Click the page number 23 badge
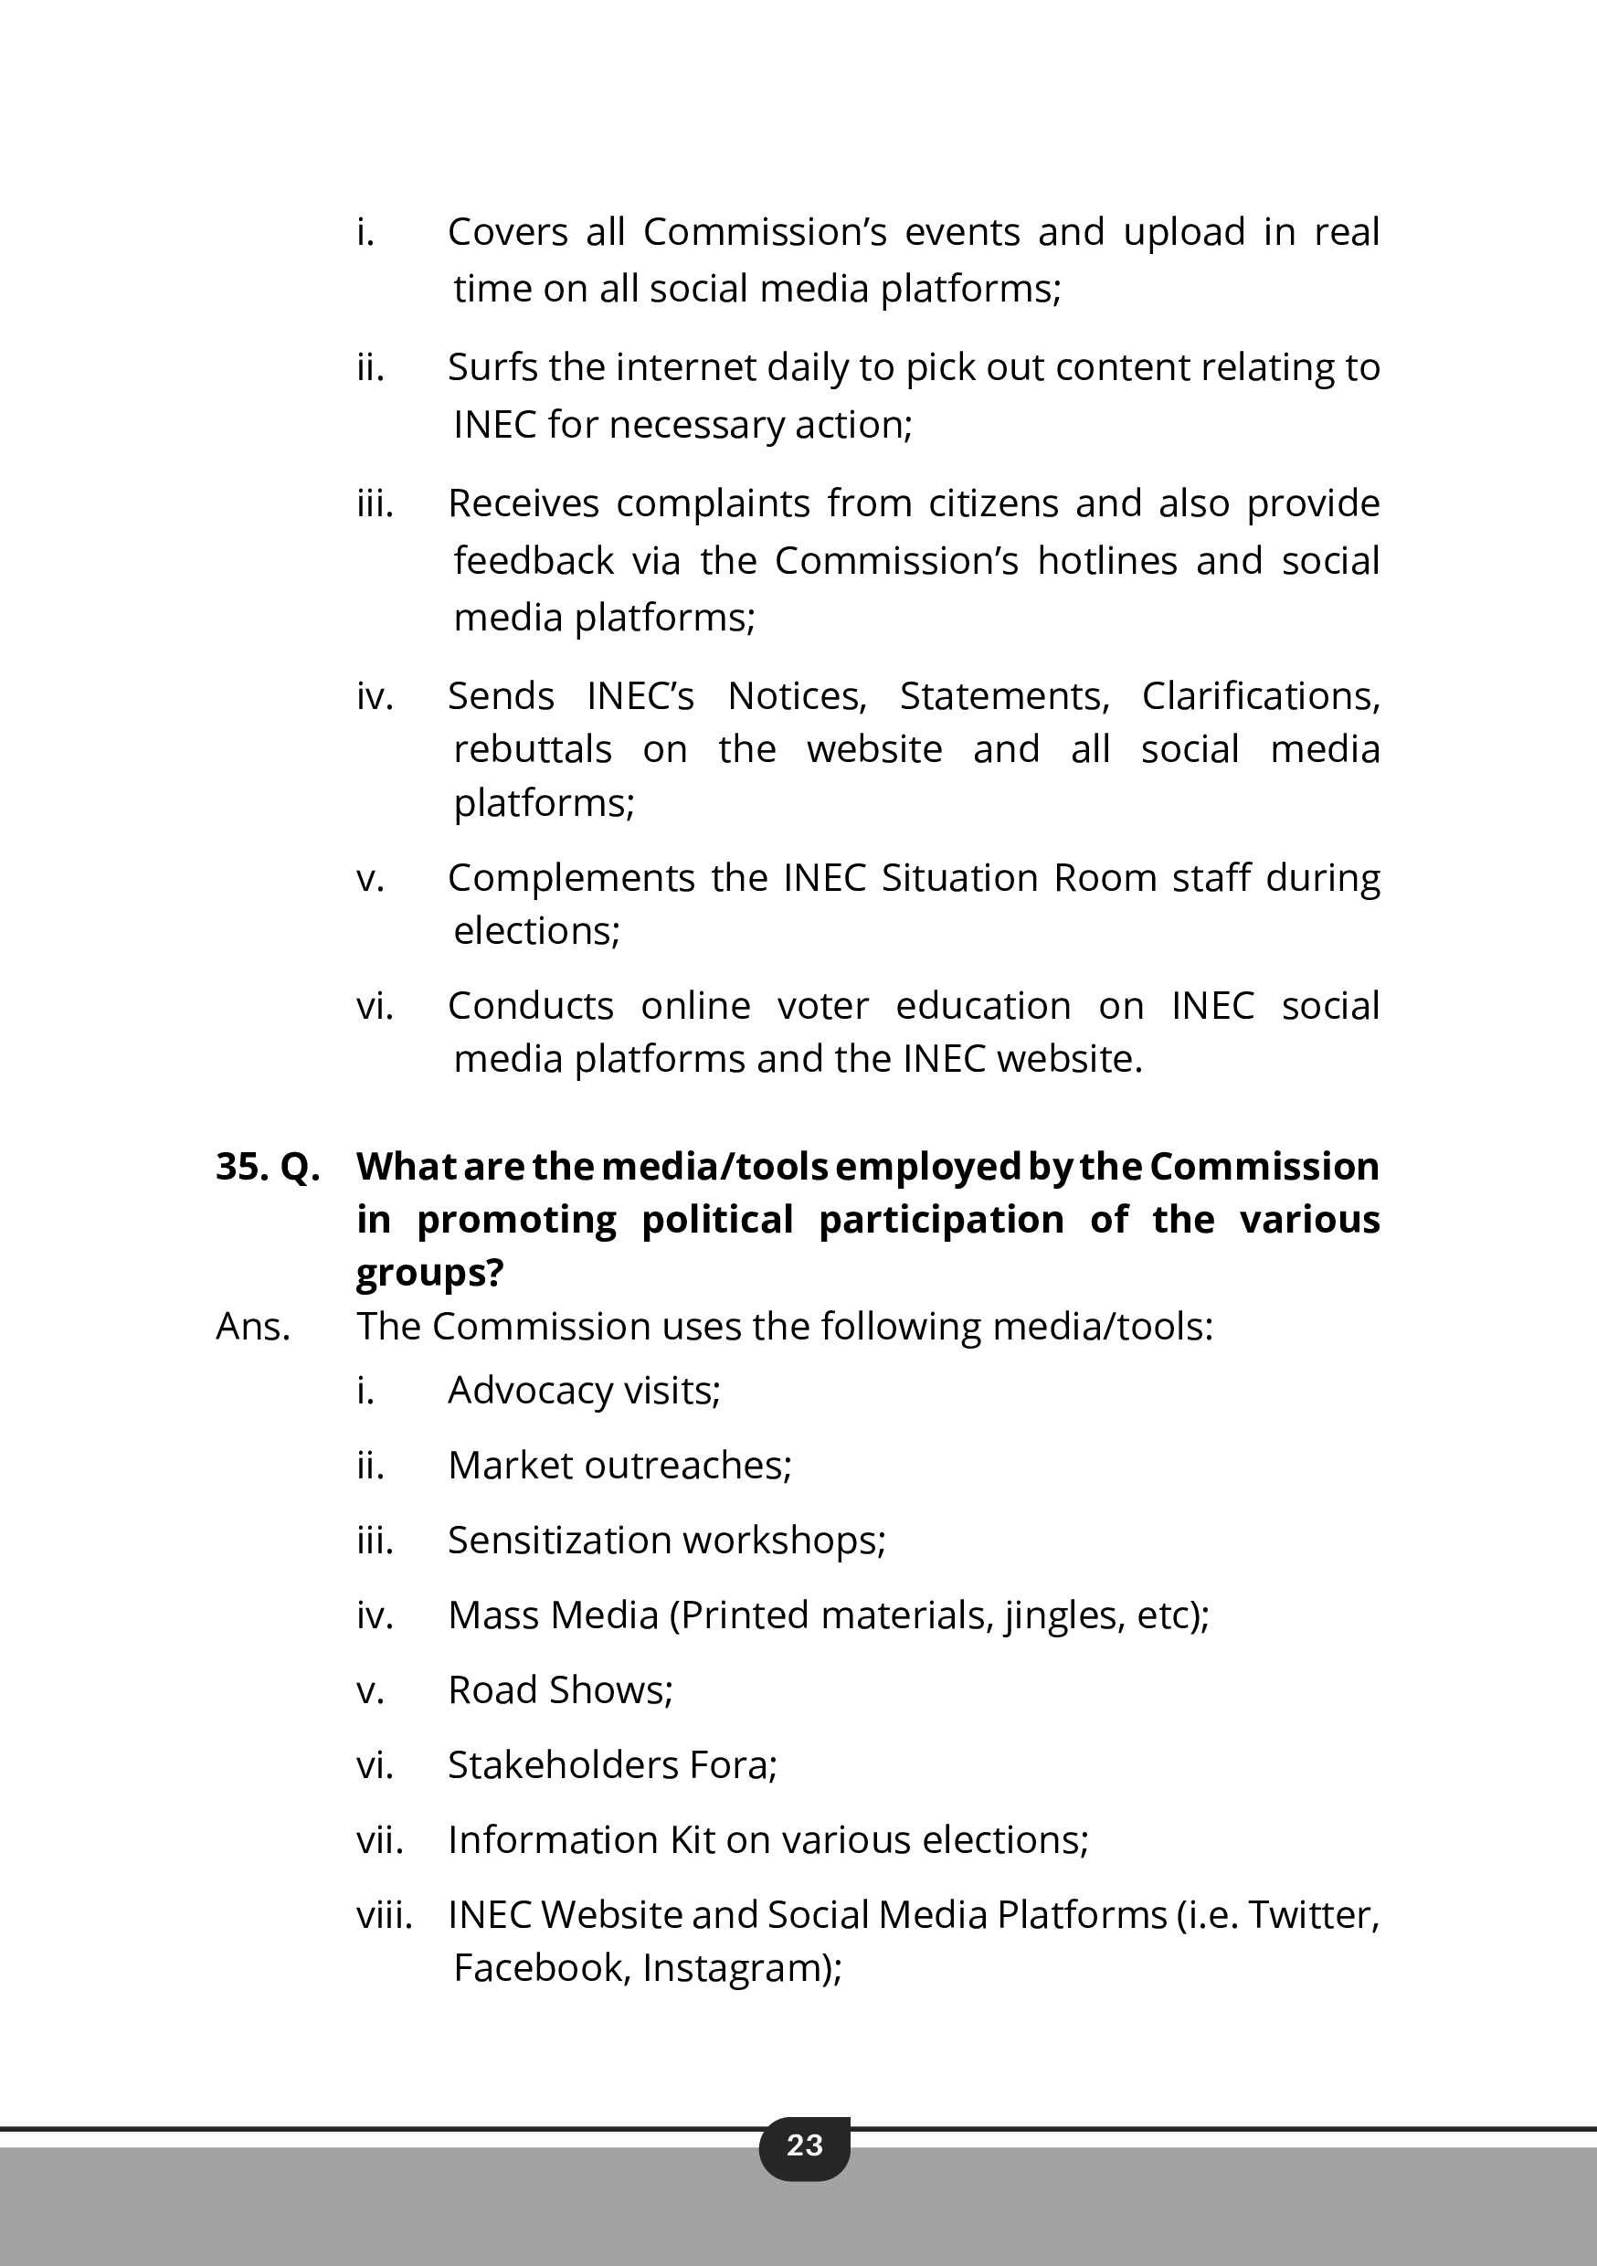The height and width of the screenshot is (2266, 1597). (x=804, y=2144)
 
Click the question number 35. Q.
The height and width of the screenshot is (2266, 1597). (x=268, y=1167)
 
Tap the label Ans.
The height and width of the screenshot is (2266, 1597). (x=253, y=1327)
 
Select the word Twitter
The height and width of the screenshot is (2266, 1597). (x=1313, y=1914)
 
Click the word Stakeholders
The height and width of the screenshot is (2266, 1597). (x=563, y=1764)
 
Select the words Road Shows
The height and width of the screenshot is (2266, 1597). (x=560, y=1689)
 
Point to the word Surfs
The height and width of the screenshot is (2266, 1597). (x=492, y=367)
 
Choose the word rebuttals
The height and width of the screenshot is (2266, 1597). (x=532, y=749)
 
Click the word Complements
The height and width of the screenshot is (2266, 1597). (x=570, y=877)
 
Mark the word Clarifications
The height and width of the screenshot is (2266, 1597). (x=1261, y=695)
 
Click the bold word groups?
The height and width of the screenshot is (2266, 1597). (x=429, y=1273)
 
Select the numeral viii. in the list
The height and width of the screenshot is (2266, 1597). (x=384, y=1914)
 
